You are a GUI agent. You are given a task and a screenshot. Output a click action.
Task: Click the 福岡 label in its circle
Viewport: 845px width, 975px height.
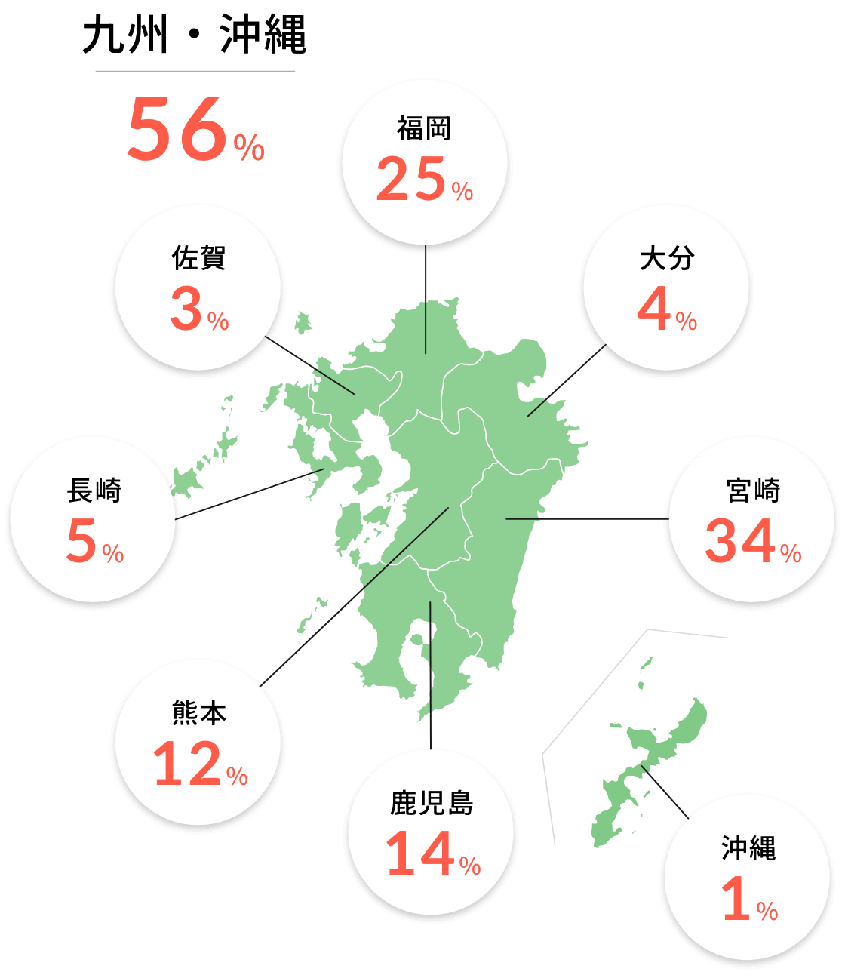[x=424, y=129]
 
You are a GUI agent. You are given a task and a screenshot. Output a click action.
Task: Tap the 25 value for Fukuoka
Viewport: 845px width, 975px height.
[x=412, y=180]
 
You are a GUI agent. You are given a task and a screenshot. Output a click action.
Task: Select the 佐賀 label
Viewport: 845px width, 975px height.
[x=198, y=258]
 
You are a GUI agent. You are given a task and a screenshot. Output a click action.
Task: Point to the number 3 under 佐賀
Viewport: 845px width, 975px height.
[x=186, y=309]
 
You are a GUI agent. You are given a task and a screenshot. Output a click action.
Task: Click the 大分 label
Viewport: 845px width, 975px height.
[x=667, y=258]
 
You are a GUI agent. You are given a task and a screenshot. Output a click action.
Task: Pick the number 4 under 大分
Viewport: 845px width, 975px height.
[x=654, y=309]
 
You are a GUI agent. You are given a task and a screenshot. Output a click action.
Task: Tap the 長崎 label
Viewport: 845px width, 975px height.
[x=94, y=491]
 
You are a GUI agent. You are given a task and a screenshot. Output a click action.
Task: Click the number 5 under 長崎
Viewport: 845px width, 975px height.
[x=81, y=541]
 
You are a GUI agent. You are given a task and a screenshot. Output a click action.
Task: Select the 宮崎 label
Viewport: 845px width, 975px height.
[x=752, y=491]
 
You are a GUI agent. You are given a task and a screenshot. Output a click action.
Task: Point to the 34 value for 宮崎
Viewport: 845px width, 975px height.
[x=740, y=541]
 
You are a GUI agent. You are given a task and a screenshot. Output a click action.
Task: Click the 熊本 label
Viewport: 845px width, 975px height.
[x=198, y=713]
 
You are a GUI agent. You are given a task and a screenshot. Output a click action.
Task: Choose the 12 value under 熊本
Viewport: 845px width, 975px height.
[x=187, y=764]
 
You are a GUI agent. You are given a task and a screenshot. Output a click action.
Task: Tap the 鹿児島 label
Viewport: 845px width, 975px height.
[x=432, y=803]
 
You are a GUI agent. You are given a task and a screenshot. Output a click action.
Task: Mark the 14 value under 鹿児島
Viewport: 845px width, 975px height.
[x=420, y=854]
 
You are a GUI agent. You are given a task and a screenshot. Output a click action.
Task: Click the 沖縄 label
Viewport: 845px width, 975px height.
[x=748, y=848]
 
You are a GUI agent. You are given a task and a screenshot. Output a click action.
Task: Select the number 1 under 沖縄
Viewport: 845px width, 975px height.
[x=735, y=899]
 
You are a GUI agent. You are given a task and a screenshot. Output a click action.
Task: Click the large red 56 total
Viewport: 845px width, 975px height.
[x=178, y=130]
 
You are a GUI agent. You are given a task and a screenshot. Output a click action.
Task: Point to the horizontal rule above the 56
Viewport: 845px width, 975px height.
[x=195, y=71]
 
